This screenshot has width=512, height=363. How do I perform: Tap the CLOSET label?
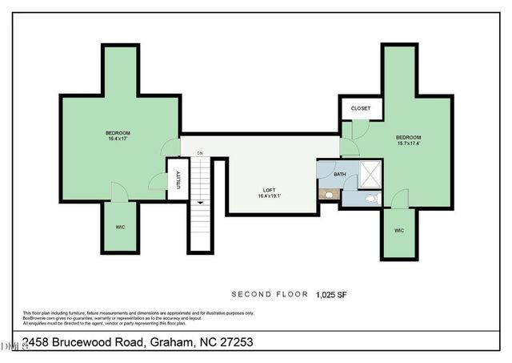coord(360,108)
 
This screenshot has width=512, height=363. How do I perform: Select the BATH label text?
coord(340,174)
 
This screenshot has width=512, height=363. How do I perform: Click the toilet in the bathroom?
coord(371,198)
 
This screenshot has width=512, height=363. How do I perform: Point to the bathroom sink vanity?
coord(329,194)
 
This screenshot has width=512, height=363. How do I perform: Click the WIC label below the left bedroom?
coord(120,227)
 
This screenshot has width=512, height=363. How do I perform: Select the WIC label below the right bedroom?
coord(399,231)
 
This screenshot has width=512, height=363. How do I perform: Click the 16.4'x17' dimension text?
coord(118,139)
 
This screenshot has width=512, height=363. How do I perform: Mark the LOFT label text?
coord(270,190)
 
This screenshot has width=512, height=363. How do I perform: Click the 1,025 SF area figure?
coord(331,294)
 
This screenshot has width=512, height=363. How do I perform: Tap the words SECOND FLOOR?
coord(270,294)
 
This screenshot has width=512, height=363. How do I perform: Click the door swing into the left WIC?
coord(119,192)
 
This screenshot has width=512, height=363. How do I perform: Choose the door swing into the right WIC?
coord(400,198)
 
